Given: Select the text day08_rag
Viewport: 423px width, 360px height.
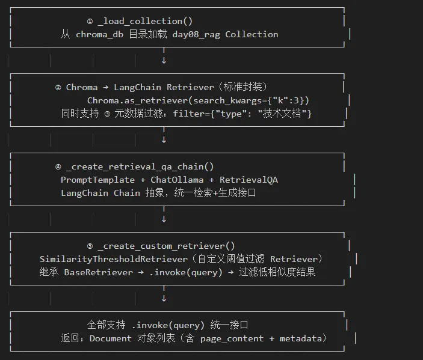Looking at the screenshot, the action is (x=196, y=34).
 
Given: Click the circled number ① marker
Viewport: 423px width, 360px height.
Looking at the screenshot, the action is (x=90, y=22).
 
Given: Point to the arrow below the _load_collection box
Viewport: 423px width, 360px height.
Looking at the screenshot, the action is (x=164, y=60).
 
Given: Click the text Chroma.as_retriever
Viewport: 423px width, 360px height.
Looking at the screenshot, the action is (x=137, y=100).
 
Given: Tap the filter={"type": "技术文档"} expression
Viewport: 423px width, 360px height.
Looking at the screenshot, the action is (x=242, y=113).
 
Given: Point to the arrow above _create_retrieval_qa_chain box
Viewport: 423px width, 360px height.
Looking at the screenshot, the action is (x=164, y=139).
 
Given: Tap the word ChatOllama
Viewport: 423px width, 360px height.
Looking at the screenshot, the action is (x=177, y=180).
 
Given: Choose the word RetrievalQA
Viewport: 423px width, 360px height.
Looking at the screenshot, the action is (x=249, y=180).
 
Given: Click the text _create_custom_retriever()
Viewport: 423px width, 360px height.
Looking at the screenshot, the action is (x=166, y=246).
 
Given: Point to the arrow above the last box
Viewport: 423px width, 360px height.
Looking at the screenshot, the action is (x=164, y=298).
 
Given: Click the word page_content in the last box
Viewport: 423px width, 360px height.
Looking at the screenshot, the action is (x=232, y=338).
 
